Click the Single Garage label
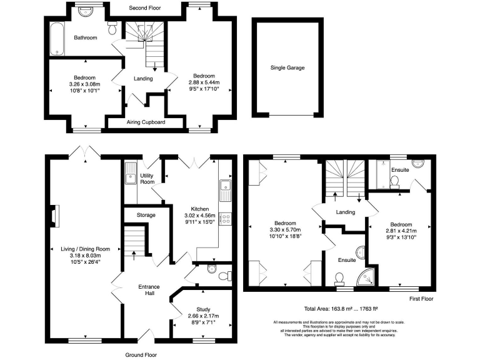(x=287, y=67)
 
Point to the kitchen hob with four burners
(x=226, y=219)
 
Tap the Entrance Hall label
(x=149, y=291)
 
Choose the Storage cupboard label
(x=145, y=215)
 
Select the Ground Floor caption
(x=140, y=354)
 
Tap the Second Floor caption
(x=146, y=9)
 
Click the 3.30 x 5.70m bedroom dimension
(x=284, y=230)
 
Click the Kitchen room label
(x=204, y=208)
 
